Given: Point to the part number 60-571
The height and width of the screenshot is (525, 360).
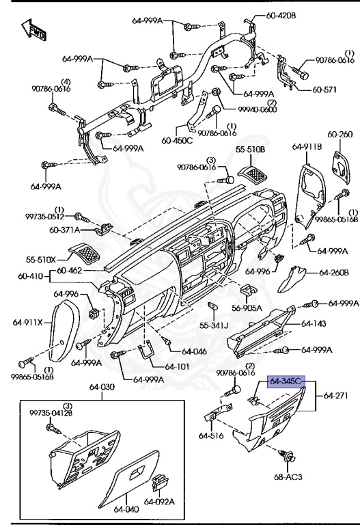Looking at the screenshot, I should [x=327, y=89].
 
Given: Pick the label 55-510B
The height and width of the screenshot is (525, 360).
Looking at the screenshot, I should [x=251, y=148].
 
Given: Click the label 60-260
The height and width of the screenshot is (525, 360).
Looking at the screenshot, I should [x=340, y=134].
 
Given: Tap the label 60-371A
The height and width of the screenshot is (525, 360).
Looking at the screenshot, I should [x=66, y=230].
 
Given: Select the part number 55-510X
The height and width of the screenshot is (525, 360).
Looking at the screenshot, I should [x=42, y=260].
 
